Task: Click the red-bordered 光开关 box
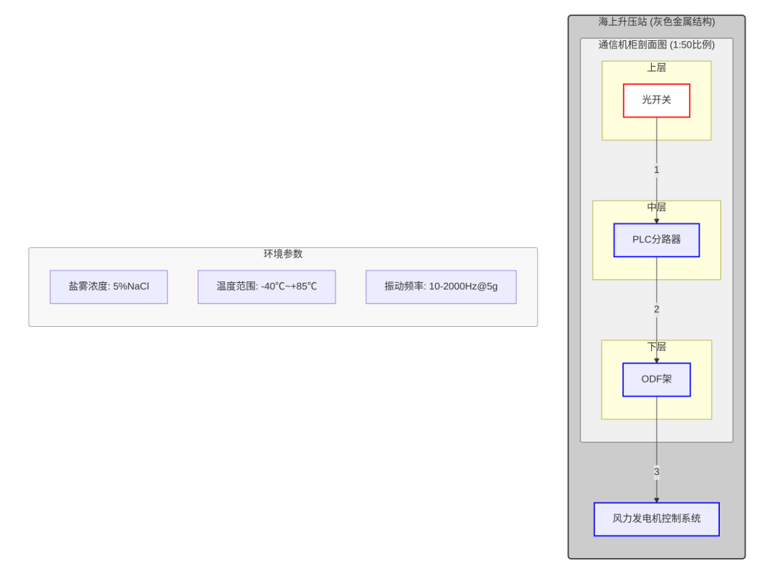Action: pos(656,101)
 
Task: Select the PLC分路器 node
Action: pos(656,240)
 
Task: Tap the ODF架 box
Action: pos(656,380)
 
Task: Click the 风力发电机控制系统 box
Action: pos(656,519)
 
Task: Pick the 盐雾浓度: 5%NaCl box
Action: pos(109,287)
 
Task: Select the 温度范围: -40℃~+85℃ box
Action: pos(266,287)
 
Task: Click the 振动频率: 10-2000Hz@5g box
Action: pos(441,287)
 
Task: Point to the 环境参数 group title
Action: pos(283,254)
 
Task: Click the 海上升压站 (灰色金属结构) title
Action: pos(656,22)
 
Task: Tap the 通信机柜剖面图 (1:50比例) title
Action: pos(656,45)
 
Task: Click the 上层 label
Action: pos(656,67)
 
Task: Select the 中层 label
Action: pos(656,207)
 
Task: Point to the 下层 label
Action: pos(656,347)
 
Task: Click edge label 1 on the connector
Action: pos(656,170)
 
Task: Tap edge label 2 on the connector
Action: pos(656,309)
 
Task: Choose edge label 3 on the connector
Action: pos(656,472)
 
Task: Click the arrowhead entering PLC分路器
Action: pos(656,220)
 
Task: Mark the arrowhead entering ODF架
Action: pos(656,360)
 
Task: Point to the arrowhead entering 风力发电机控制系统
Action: pos(656,499)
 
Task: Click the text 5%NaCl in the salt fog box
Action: pos(131,287)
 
